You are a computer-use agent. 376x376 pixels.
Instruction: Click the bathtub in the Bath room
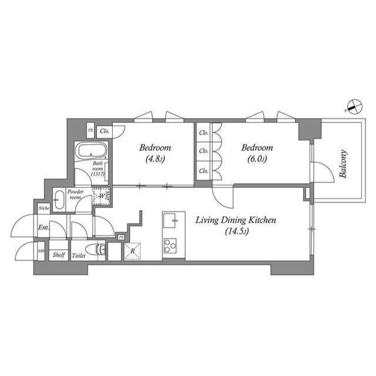point(92,151)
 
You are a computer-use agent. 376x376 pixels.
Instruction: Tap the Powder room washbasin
point(58,200)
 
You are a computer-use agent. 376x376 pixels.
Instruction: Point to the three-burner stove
point(170,244)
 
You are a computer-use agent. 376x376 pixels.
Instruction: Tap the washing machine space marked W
point(101,196)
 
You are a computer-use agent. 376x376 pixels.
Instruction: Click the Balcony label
point(343,164)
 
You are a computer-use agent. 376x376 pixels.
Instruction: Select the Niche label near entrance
point(43,209)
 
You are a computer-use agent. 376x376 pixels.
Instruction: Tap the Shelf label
point(58,256)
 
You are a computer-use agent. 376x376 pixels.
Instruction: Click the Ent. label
point(43,227)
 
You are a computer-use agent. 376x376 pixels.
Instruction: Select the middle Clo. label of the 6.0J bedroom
point(203,151)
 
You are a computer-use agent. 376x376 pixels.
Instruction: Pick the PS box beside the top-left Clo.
point(90,130)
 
